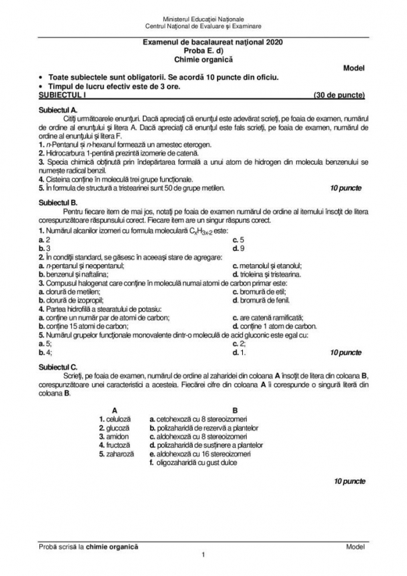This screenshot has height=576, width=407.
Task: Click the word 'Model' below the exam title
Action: pos(354,68)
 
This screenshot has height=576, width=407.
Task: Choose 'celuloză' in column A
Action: pos(115,418)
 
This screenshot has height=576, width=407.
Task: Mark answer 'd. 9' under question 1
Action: pos(238,248)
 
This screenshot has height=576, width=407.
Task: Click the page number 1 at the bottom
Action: pos(203,555)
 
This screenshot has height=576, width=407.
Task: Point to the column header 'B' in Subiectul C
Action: pos(234,409)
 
